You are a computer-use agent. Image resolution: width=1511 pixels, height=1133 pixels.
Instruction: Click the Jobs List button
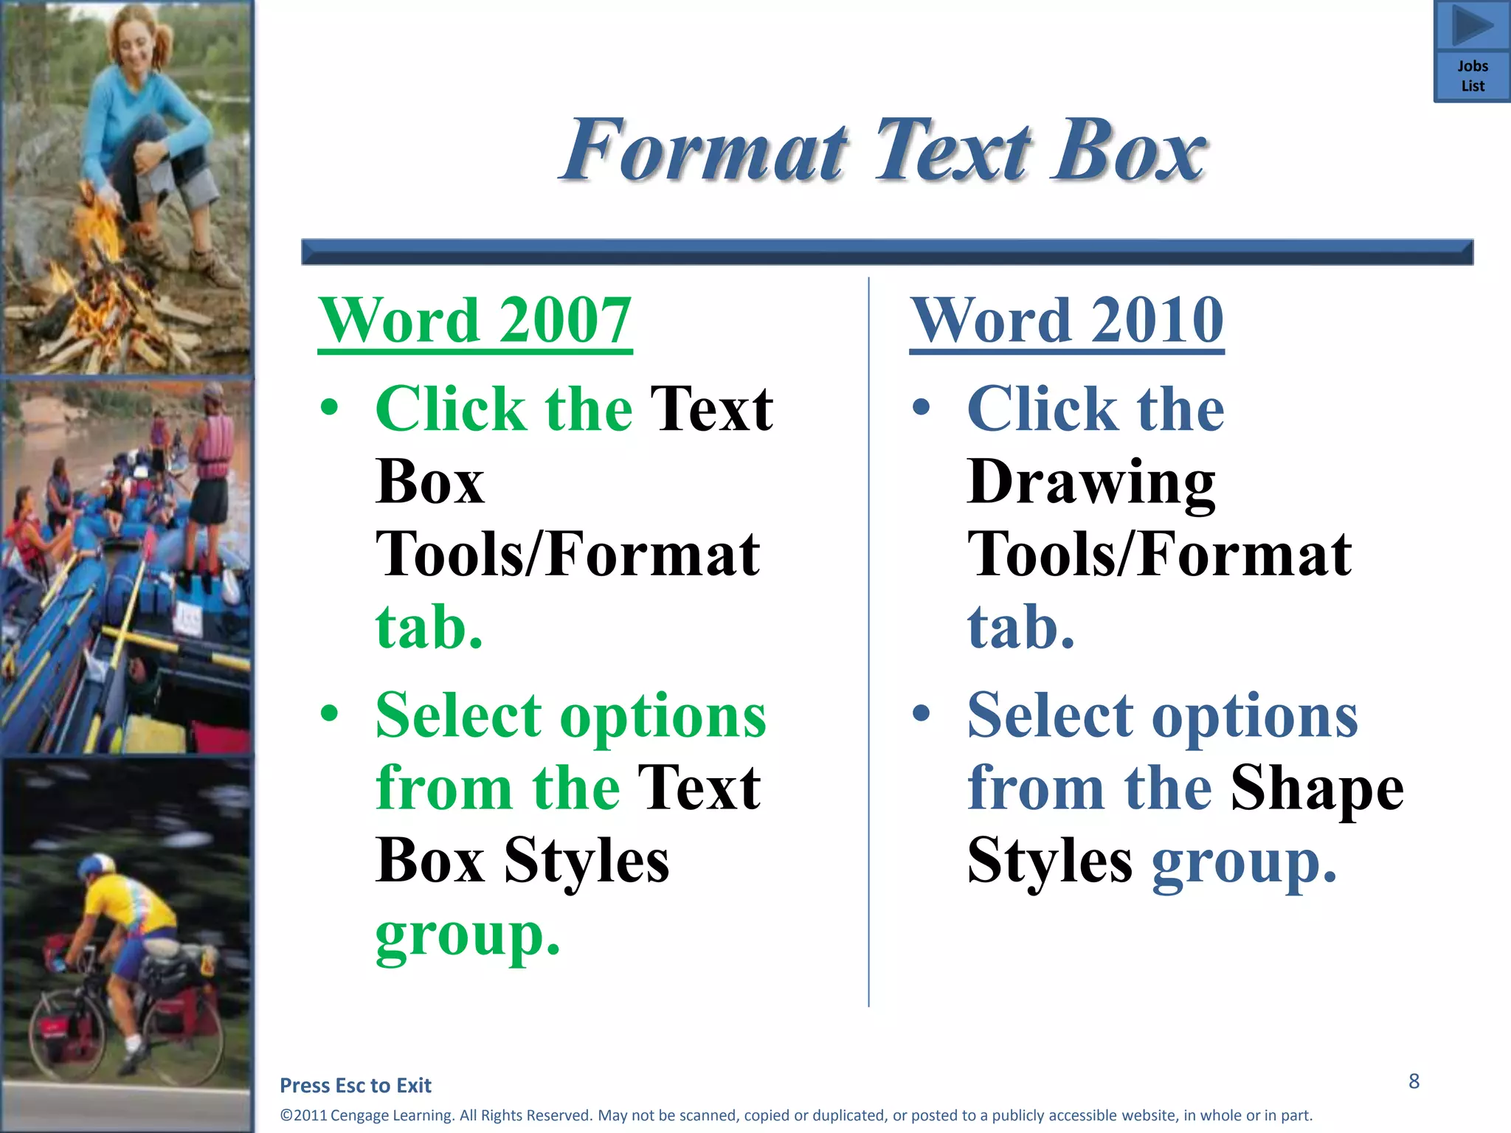tap(1472, 76)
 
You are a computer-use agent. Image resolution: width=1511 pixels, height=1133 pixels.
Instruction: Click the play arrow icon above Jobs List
tap(1471, 26)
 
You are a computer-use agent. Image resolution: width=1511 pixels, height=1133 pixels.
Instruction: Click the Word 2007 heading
tap(475, 320)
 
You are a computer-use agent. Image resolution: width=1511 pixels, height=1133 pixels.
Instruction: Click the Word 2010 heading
tap(1067, 320)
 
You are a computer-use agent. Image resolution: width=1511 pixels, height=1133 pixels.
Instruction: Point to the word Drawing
tap(1090, 482)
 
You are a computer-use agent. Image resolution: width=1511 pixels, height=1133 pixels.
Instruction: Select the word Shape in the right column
tap(1317, 788)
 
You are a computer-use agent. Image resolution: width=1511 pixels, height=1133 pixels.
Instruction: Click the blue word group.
tap(1244, 862)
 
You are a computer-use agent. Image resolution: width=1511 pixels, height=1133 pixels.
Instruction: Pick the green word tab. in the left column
tap(429, 627)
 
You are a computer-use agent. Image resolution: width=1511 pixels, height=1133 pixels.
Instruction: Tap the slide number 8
tap(1414, 1081)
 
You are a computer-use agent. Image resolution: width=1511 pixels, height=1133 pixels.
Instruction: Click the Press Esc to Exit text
tap(356, 1085)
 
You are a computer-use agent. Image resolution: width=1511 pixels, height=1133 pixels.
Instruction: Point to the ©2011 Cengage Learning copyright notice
tap(796, 1115)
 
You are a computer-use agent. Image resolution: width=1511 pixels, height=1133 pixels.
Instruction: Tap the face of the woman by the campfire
tap(136, 41)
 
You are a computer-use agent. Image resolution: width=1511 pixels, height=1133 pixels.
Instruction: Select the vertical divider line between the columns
tap(868, 642)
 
